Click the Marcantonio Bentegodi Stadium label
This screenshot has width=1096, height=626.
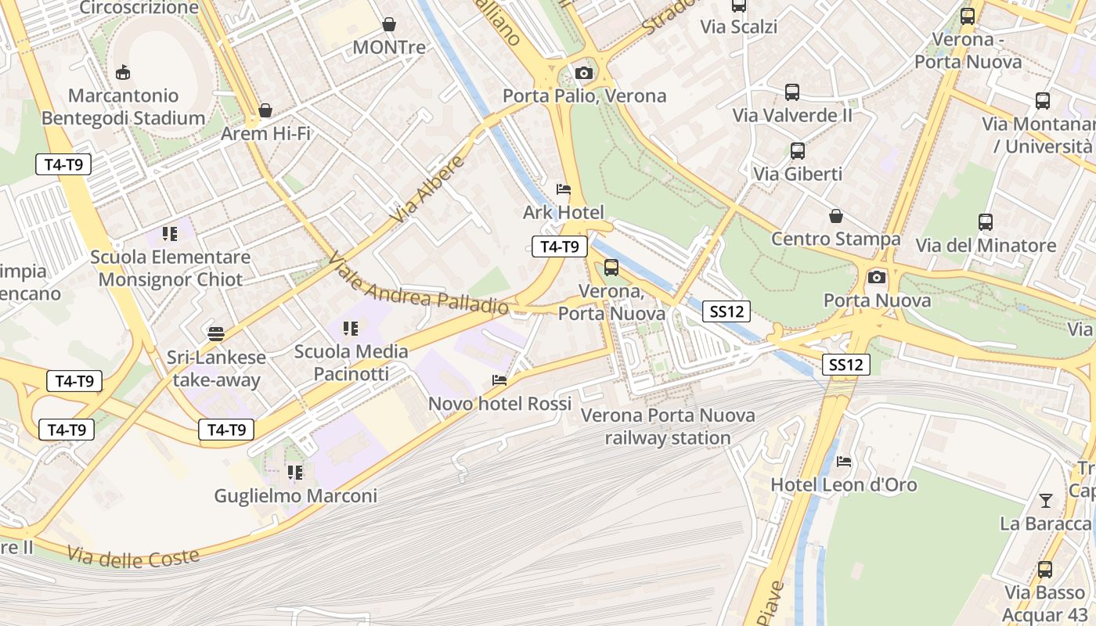click(x=123, y=107)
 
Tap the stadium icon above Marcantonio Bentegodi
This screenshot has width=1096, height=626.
click(x=122, y=73)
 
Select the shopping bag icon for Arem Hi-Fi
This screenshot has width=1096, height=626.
click(x=265, y=110)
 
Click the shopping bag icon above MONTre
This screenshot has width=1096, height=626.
click(x=389, y=25)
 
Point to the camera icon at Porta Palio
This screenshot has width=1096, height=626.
click(x=583, y=74)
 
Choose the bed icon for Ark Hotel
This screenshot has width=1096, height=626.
click(x=564, y=189)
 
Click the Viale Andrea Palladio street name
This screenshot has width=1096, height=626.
click(x=418, y=283)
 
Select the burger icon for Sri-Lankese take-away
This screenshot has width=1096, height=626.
click(x=216, y=334)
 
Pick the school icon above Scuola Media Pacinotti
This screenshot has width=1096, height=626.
click(x=351, y=329)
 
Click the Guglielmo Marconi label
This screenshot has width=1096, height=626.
click(x=295, y=495)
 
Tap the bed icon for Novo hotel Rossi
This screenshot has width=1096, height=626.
click(x=499, y=380)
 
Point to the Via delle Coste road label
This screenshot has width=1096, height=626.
click(x=133, y=557)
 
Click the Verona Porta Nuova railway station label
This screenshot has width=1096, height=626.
click(x=668, y=426)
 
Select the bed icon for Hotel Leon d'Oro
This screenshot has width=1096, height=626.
click(x=844, y=462)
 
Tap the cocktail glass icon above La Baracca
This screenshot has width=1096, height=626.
click(x=1046, y=500)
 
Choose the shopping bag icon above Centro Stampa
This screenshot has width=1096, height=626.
click(x=836, y=216)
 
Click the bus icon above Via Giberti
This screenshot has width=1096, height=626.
click(x=797, y=151)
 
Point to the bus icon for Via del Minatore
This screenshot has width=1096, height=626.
click(x=986, y=222)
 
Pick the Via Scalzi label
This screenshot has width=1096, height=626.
click(x=738, y=27)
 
